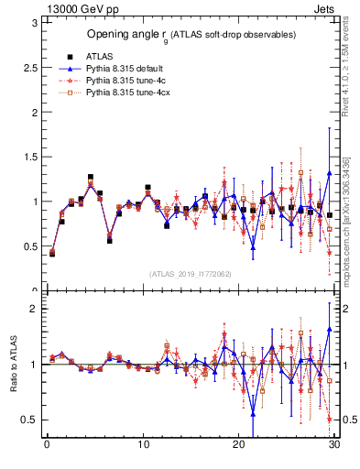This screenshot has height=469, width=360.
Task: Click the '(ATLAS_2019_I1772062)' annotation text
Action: tap(190, 273)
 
